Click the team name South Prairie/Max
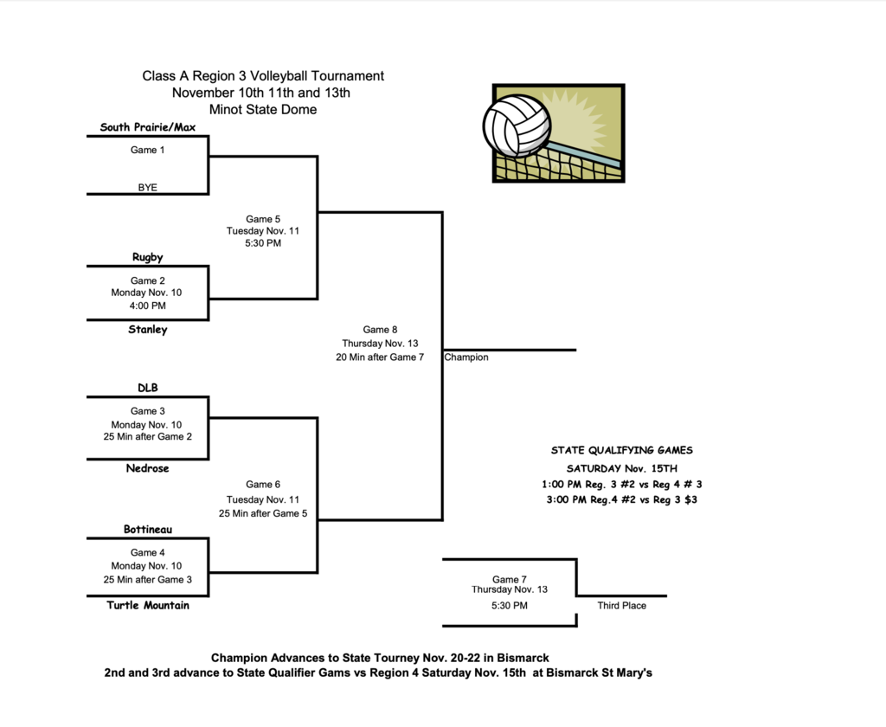click(x=148, y=127)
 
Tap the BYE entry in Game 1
click(x=148, y=187)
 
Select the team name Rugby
click(x=148, y=257)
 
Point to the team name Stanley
click(x=148, y=330)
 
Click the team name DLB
click(x=148, y=388)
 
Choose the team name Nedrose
click(x=148, y=468)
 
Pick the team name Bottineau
click(x=148, y=529)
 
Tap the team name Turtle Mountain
click(x=148, y=605)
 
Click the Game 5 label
click(x=263, y=219)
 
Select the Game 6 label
click(x=263, y=485)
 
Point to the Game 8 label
click(x=380, y=330)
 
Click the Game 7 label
click(x=510, y=579)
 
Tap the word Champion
click(x=466, y=357)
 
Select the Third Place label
click(x=621, y=606)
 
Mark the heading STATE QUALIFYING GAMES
click(x=622, y=450)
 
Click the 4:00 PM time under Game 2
click(x=148, y=306)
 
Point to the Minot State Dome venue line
click(x=263, y=110)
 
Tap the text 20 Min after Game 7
click(x=380, y=357)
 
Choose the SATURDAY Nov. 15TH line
click(x=622, y=468)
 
